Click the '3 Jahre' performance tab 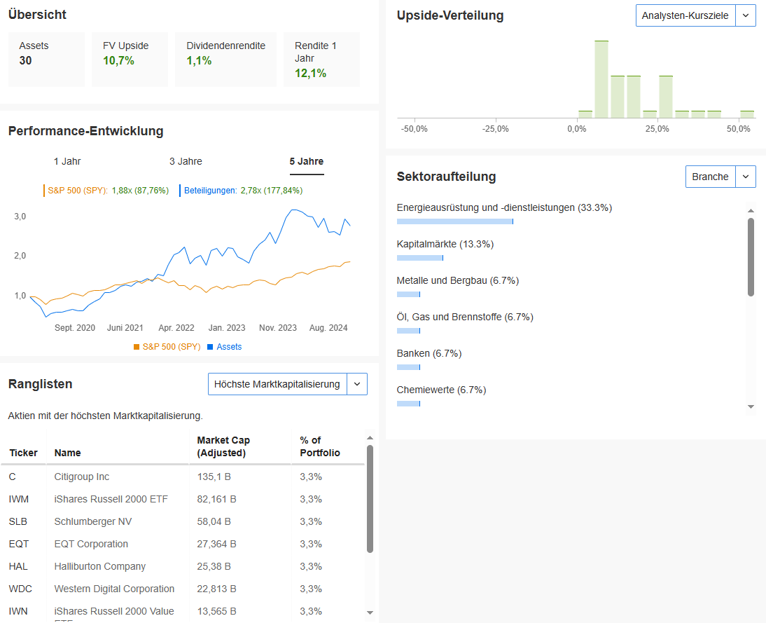[x=186, y=162]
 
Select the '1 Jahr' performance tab [x=67, y=162]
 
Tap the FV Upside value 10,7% [x=118, y=61]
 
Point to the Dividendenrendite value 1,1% [x=199, y=61]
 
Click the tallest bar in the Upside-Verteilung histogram [x=601, y=79]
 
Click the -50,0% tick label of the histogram [x=415, y=130]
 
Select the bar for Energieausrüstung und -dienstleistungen [x=454, y=221]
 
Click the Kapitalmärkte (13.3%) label [x=445, y=244]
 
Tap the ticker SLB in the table [x=18, y=521]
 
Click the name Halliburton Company [x=99, y=566]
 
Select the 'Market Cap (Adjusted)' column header [x=223, y=446]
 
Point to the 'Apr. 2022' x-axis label [x=176, y=328]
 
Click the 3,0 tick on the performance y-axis [x=20, y=217]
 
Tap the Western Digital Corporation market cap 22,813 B [x=216, y=589]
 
